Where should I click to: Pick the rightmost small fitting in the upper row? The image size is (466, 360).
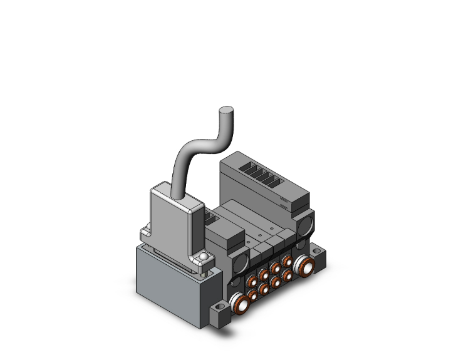tap(287, 260)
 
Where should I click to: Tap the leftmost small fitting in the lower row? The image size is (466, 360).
tap(252, 296)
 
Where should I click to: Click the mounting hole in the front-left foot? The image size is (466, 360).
tap(220, 309)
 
